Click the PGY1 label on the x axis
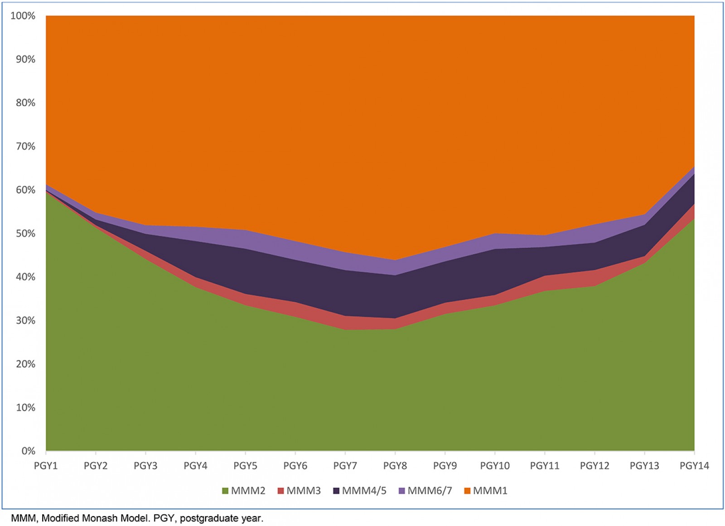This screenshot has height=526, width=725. [46, 466]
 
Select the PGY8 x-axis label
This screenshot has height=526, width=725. [395, 466]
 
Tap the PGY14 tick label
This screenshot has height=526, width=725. [694, 466]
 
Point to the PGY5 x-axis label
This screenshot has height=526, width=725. [245, 466]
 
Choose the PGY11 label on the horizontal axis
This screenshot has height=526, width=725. [545, 466]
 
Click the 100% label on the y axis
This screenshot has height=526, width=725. [23, 16]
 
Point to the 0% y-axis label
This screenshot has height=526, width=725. [28, 451]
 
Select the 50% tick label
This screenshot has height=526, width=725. [25, 234]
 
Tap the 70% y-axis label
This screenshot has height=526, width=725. [25, 146]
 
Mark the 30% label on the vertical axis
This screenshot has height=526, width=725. [25, 321]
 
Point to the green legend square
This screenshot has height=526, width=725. [225, 491]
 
